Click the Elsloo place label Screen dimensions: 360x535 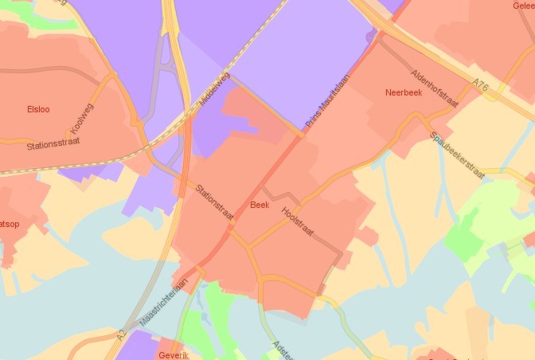point(38,109)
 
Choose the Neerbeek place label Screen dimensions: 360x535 point(403,92)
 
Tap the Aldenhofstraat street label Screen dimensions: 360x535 point(434,88)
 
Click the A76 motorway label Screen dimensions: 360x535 point(479,84)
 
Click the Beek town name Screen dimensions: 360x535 point(260,205)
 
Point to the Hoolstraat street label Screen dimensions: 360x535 point(297,222)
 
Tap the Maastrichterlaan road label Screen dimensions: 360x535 point(163,302)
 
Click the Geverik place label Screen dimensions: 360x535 point(174,355)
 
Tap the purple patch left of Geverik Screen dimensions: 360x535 point(135,346)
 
